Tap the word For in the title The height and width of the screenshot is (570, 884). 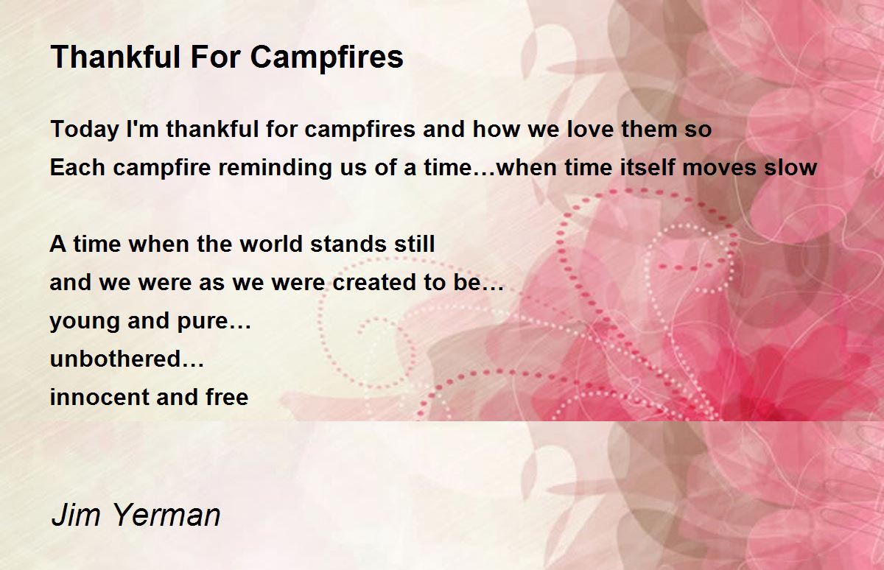tap(215, 57)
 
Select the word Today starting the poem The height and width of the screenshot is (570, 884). tap(85, 130)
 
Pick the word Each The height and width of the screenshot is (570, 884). tap(77, 167)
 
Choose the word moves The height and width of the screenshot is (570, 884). tap(720, 168)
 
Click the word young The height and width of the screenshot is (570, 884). tap(85, 322)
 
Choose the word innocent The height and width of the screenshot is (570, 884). tap(99, 396)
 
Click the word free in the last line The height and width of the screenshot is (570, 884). tap(227, 396)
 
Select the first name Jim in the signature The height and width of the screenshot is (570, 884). tap(75, 515)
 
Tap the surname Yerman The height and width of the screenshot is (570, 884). tap(166, 515)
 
